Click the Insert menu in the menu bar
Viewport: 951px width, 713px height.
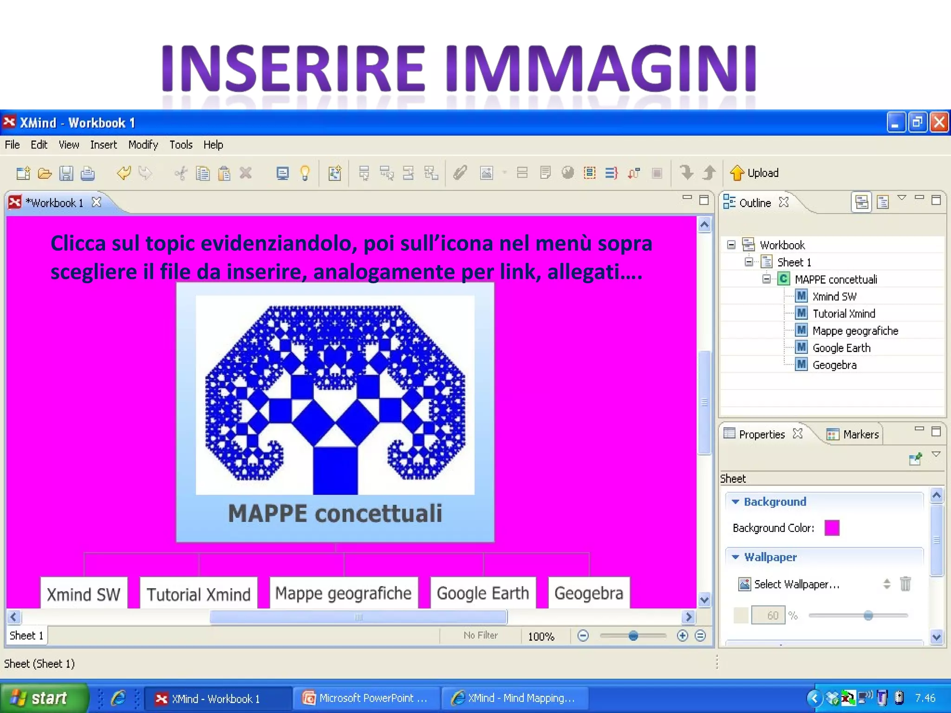tap(103, 145)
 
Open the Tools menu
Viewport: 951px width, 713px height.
tap(181, 145)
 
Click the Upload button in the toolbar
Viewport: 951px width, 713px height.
tap(754, 173)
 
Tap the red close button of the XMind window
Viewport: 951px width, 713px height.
tap(939, 123)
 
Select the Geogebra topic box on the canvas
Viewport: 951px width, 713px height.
tap(588, 593)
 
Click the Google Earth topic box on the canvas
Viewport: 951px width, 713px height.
tap(483, 593)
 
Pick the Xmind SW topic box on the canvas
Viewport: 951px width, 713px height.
tap(84, 594)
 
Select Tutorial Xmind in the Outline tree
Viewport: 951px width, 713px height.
tap(843, 314)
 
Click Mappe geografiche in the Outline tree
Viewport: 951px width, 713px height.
tap(855, 331)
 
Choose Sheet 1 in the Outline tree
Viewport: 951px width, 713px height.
tap(794, 262)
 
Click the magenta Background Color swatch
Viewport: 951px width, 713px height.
tap(832, 528)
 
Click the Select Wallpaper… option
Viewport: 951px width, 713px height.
tap(796, 584)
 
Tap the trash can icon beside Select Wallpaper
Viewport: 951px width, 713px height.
tap(905, 584)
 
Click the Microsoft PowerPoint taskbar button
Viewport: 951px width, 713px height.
tap(366, 698)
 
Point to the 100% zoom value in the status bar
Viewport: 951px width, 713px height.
tap(541, 636)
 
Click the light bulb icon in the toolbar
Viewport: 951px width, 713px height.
tap(305, 174)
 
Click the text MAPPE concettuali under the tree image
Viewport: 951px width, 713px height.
tap(335, 514)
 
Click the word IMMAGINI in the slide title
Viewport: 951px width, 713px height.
tap(601, 68)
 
